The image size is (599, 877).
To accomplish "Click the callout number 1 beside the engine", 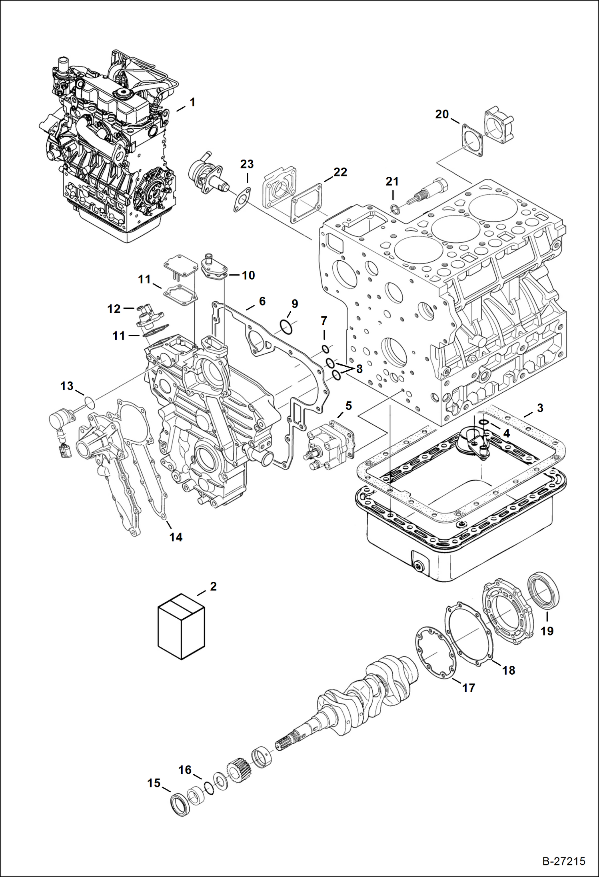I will coord(192,102).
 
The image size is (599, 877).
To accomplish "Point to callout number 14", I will coord(176,537).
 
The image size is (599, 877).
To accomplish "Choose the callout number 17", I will coord(468,688).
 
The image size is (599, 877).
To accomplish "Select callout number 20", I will coord(442,114).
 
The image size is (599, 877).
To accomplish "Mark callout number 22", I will coord(340,172).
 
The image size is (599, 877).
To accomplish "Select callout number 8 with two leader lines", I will coord(359,369).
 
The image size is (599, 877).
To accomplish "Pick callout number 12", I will coord(114,309).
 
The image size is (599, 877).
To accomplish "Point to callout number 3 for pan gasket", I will coord(540,408).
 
